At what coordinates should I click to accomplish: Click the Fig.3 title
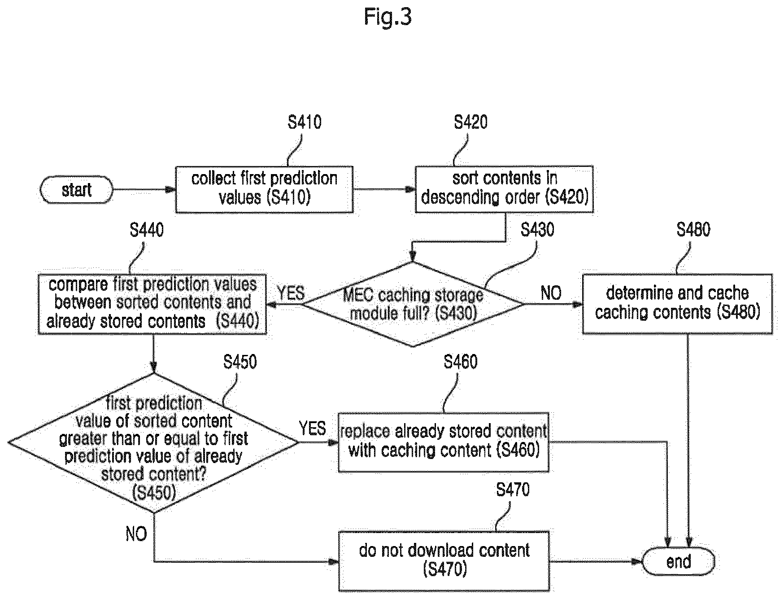click(388, 17)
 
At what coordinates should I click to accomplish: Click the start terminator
click(76, 190)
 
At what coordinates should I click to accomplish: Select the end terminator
click(679, 562)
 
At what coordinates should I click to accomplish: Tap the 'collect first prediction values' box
click(264, 189)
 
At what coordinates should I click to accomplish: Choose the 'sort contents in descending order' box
click(505, 188)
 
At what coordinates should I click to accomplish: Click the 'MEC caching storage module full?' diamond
click(413, 304)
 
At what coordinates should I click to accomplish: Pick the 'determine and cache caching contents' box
click(678, 304)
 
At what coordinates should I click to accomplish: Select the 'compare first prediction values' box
click(152, 304)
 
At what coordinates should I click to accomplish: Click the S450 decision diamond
click(153, 443)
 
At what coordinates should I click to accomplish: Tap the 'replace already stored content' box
click(444, 442)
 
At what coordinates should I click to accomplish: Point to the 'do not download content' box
click(444, 561)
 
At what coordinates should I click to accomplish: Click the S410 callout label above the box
click(305, 122)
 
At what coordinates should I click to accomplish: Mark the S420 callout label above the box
click(470, 122)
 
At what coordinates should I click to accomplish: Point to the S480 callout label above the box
click(693, 229)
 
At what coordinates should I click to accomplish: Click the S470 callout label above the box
click(513, 489)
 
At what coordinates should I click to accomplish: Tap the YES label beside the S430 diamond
click(291, 293)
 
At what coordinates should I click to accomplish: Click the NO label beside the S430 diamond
click(551, 293)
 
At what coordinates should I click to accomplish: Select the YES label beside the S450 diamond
click(313, 428)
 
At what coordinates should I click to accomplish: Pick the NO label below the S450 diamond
click(136, 534)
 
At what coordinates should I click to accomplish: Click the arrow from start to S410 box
click(144, 190)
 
